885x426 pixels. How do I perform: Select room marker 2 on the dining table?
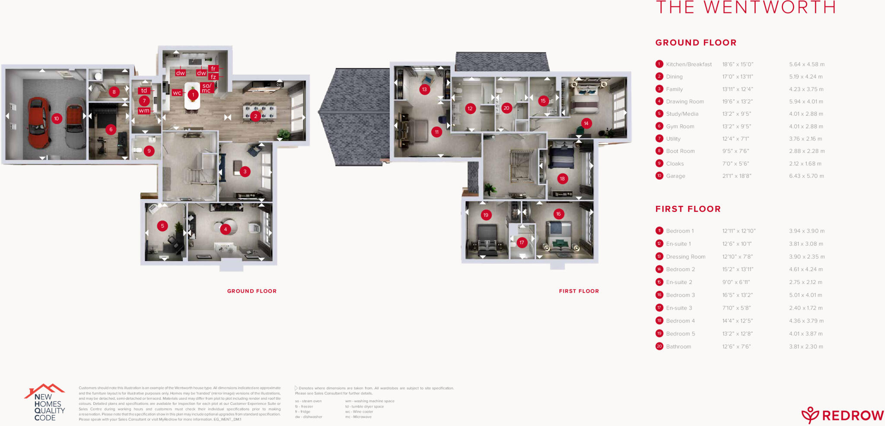255,116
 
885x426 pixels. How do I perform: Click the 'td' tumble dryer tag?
144,91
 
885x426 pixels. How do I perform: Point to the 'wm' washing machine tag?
144,111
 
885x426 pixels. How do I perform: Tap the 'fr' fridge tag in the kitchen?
213,69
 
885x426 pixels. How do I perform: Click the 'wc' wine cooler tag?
177,93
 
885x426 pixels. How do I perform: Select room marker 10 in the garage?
56,118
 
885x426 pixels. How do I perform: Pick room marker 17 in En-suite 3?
522,243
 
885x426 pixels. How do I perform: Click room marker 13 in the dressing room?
424,89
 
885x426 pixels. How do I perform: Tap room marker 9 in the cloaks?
149,151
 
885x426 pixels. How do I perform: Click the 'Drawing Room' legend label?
685,101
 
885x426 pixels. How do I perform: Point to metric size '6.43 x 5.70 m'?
806,176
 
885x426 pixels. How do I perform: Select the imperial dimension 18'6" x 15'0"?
738,64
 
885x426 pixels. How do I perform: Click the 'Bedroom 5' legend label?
681,334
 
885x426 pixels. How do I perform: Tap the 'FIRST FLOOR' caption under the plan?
579,291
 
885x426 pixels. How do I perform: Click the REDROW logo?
843,415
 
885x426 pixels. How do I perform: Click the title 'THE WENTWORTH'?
746,7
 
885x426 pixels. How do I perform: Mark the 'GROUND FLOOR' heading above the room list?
696,43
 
